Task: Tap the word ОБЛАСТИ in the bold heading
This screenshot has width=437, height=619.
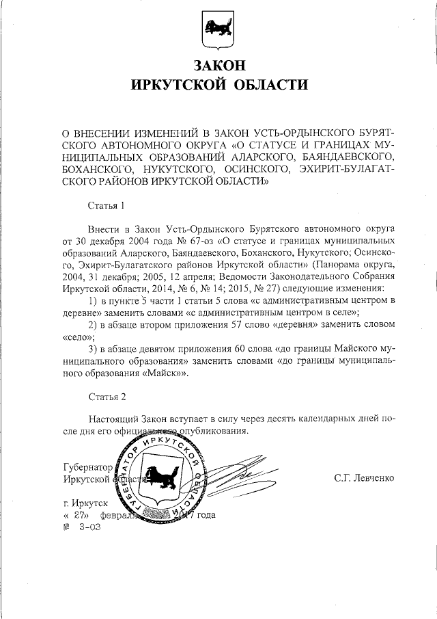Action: click(x=267, y=85)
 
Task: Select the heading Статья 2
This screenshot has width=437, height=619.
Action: click(x=107, y=397)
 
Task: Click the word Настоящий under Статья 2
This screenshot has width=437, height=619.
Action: click(x=113, y=419)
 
